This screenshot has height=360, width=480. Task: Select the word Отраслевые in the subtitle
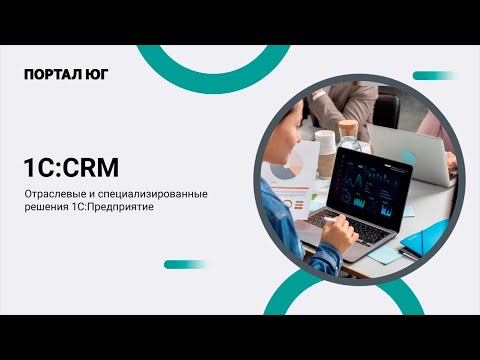click(58, 192)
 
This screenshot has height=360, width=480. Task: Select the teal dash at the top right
click(435, 75)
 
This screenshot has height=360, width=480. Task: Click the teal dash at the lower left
click(185, 265)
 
